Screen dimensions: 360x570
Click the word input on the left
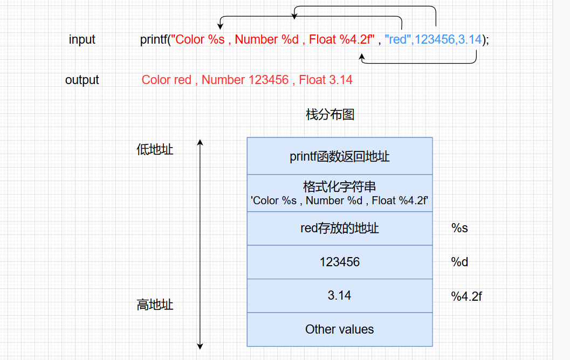[x=82, y=39]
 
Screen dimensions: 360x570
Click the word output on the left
[x=82, y=80]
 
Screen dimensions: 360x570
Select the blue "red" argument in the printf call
[x=397, y=39]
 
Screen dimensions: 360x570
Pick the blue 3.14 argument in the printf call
[x=469, y=39]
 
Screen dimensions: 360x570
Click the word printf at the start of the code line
[x=153, y=39]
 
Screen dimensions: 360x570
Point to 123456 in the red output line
[x=268, y=80]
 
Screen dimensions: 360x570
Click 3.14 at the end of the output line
[x=340, y=80]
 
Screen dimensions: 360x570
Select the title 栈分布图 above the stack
[x=330, y=114]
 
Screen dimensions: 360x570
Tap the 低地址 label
[x=155, y=149]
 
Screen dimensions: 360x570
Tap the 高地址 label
[x=155, y=304]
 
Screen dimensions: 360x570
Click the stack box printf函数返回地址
[x=340, y=156]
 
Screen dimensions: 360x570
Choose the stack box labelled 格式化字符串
[x=340, y=193]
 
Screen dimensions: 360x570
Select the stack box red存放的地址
[x=340, y=229]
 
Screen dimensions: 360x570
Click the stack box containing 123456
[x=340, y=262]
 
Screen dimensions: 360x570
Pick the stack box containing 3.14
[x=340, y=295]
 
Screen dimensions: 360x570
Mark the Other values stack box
[x=340, y=329]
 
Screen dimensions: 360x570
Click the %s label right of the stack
[x=459, y=229]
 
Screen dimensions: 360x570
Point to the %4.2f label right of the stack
[x=466, y=296]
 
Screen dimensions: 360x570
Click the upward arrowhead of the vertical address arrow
[x=200, y=142]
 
